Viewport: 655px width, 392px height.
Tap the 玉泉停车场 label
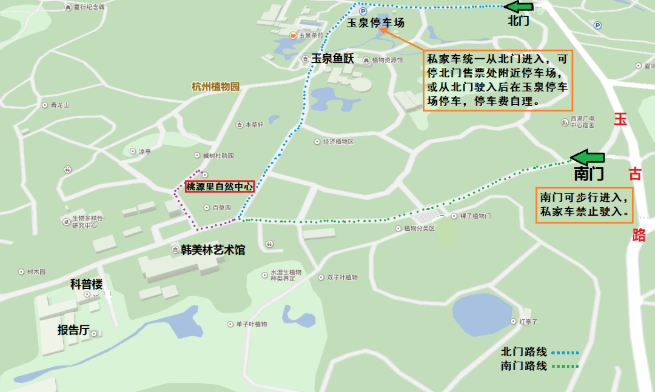pyautogui.click(x=375, y=23)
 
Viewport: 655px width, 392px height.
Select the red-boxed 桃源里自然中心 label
pyautogui.click(x=219, y=187)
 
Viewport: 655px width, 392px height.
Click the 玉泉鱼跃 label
pyautogui.click(x=332, y=59)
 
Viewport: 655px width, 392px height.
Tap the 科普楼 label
pyautogui.click(x=86, y=284)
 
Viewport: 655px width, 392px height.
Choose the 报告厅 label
pyautogui.click(x=73, y=330)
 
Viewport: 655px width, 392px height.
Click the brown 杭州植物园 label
pyautogui.click(x=215, y=87)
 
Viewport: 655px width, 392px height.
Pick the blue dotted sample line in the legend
pyautogui.click(x=565, y=352)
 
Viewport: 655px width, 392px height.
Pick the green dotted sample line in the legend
pyautogui.click(x=565, y=366)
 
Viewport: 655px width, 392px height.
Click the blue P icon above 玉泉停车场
pyautogui.click(x=363, y=11)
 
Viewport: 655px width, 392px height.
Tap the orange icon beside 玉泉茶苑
pyautogui.click(x=293, y=36)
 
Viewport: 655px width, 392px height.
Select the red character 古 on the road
pyautogui.click(x=635, y=174)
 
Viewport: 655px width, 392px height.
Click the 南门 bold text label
pyautogui.click(x=589, y=174)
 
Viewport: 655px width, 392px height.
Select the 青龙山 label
pyautogui.click(x=60, y=105)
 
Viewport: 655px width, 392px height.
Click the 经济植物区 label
pyautogui.click(x=337, y=142)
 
